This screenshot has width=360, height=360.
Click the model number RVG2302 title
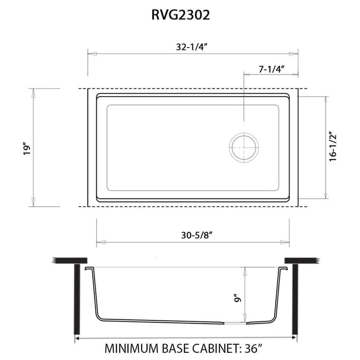pyautogui.click(x=180, y=15)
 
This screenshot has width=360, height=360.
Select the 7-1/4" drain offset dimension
pyautogui.click(x=271, y=68)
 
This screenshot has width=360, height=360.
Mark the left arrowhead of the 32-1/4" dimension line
pyautogui.click(x=90, y=52)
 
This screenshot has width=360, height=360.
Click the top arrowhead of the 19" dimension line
pyautogui.click(x=34, y=91)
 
